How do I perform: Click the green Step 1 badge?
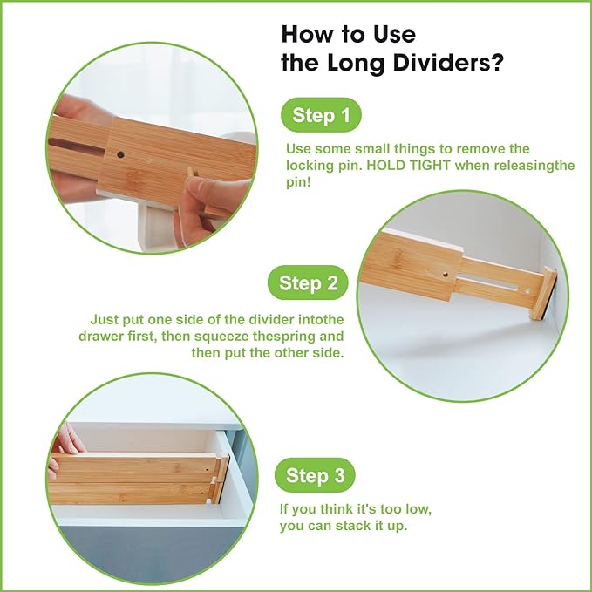point(320,115)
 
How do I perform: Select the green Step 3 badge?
point(320,475)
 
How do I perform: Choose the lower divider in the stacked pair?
point(131,493)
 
